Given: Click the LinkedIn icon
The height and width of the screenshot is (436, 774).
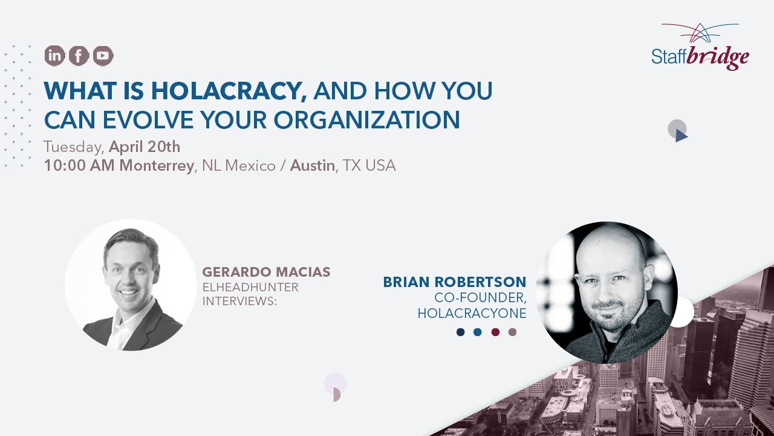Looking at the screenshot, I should [54, 56].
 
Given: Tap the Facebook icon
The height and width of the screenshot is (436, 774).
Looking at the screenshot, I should [79, 56].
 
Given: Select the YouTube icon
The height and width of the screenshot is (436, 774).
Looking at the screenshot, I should [103, 56].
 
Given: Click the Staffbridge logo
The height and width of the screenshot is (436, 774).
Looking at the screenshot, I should [700, 47].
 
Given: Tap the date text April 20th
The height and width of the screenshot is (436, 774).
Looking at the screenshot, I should [145, 147].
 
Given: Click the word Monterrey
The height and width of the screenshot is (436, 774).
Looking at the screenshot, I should [157, 166].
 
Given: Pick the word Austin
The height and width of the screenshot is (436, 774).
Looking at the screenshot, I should [312, 166].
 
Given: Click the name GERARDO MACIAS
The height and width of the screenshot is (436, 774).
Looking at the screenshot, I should [266, 272].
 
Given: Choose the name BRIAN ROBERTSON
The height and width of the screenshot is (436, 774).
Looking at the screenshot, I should [455, 282].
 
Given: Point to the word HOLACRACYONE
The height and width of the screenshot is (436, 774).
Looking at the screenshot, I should [472, 313].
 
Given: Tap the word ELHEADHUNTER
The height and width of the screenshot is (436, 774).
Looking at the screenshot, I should [250, 287].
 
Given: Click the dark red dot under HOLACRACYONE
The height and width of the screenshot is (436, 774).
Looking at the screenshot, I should [495, 332].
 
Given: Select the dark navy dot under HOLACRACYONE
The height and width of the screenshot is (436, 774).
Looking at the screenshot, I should [461, 332].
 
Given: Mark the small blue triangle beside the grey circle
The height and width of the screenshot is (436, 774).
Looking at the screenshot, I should [681, 136].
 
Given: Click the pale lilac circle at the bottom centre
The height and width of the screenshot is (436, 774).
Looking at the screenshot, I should [335, 383].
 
